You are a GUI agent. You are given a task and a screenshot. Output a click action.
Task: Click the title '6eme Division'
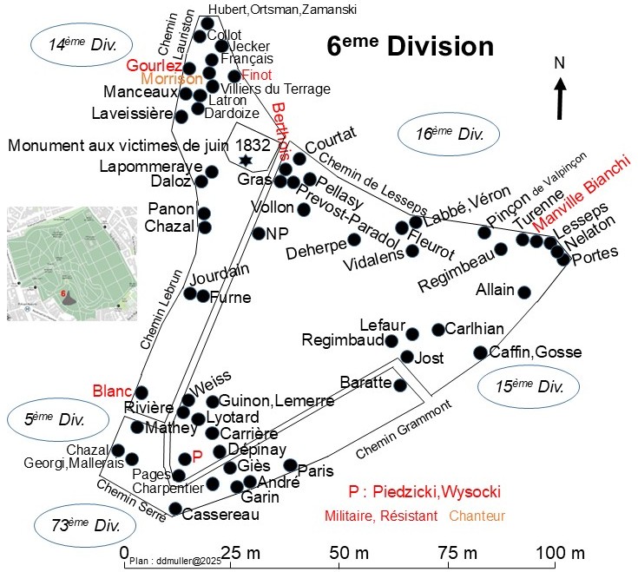(x=410, y=47)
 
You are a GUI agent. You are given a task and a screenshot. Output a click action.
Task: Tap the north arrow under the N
(x=562, y=97)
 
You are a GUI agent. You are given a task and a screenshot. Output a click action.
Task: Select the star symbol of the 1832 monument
(x=246, y=161)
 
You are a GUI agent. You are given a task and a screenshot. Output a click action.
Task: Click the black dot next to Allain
(x=523, y=292)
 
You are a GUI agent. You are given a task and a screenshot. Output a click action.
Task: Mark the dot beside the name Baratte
(x=400, y=385)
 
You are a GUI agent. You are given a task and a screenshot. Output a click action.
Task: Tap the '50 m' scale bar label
(x=339, y=554)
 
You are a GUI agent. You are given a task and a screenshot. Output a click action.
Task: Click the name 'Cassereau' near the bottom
(x=222, y=515)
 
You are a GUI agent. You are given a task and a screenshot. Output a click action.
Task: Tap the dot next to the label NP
(x=258, y=233)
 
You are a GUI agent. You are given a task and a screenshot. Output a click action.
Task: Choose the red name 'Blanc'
(x=110, y=391)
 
